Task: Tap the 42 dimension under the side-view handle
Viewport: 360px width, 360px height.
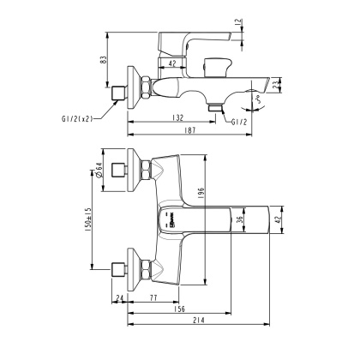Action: (x=172, y=63)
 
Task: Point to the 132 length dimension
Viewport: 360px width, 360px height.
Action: (x=176, y=116)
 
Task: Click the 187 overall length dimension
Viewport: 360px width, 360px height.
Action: (x=190, y=130)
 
